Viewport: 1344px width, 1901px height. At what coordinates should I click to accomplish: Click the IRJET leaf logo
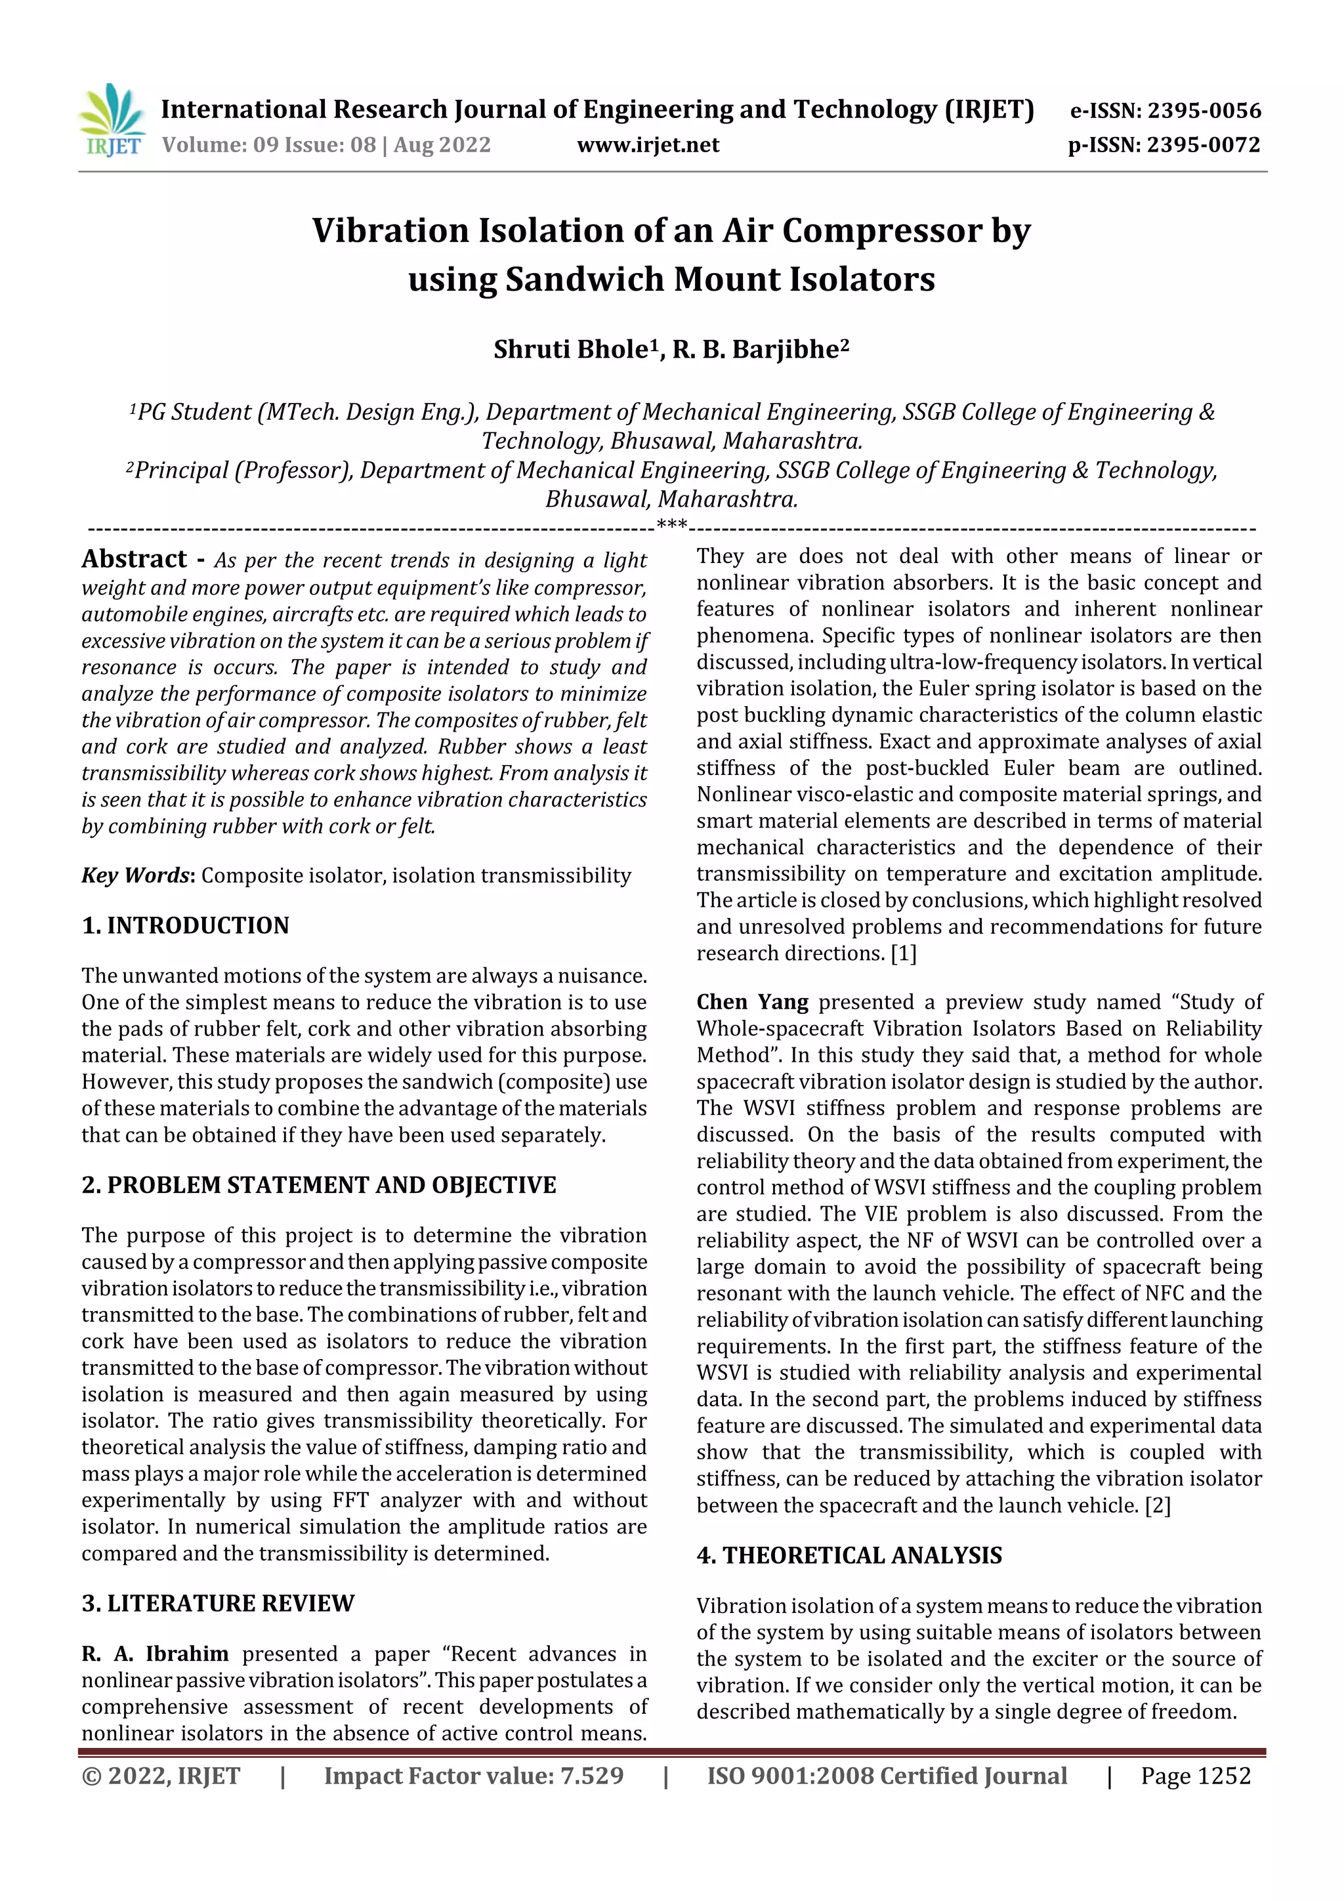click(112, 120)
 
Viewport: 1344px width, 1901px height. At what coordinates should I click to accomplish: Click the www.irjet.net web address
click(648, 146)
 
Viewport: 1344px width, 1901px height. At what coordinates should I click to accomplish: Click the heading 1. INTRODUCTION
click(186, 926)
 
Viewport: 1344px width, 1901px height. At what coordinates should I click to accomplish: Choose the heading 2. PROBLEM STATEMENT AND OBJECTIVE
click(319, 1186)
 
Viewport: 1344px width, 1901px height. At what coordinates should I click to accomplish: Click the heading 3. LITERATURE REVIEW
click(218, 1604)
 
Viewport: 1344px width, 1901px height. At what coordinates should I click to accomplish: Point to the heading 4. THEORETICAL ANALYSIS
click(849, 1556)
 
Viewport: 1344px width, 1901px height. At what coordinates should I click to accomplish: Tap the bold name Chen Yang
click(752, 1003)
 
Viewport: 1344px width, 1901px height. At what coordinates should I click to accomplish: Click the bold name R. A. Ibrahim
click(155, 1654)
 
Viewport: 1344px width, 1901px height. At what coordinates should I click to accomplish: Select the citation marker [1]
click(904, 954)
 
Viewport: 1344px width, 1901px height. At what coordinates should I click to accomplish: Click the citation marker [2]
click(1158, 1505)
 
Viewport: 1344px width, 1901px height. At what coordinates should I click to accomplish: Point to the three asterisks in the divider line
click(671, 525)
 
